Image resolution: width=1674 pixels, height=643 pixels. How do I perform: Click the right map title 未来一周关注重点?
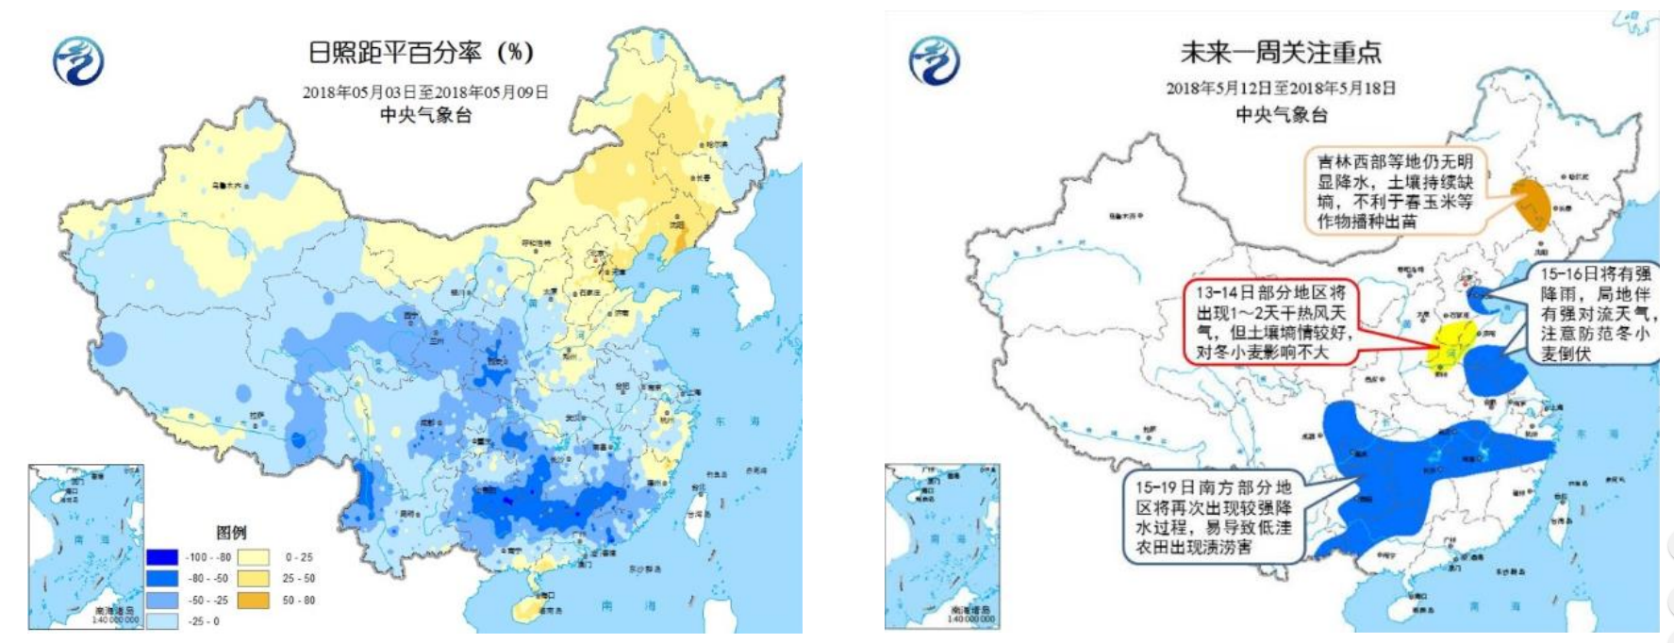(1281, 52)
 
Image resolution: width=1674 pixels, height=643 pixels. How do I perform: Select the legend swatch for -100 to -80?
(162, 557)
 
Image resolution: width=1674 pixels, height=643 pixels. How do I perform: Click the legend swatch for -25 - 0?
(162, 620)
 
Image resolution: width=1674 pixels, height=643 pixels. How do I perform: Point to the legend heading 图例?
(231, 533)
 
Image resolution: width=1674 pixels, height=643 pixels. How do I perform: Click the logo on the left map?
(77, 61)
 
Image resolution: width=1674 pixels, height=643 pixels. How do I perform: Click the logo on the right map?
(934, 61)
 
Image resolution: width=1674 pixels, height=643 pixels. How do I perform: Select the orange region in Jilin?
(1533, 204)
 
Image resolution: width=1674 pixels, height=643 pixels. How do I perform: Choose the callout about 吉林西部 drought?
(1394, 191)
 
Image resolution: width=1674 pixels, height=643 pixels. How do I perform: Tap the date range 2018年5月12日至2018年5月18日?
(1281, 88)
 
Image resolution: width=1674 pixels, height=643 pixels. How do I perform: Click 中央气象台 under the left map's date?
(424, 115)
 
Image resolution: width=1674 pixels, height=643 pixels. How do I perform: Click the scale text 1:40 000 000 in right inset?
(971, 618)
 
